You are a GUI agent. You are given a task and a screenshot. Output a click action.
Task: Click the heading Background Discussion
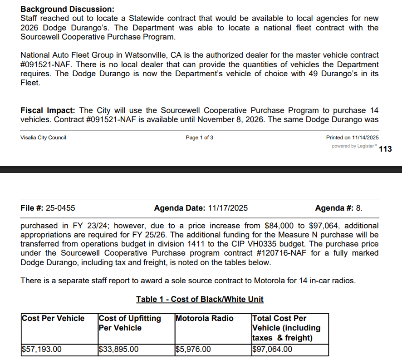click(68, 9)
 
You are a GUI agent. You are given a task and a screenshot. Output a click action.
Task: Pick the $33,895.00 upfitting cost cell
click(118, 349)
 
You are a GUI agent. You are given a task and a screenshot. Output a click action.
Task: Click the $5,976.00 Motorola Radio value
click(193, 349)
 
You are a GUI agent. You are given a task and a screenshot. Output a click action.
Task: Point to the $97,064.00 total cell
click(272, 349)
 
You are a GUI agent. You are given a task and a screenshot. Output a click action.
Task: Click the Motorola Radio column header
click(204, 318)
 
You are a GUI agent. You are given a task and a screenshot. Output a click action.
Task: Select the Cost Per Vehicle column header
click(53, 318)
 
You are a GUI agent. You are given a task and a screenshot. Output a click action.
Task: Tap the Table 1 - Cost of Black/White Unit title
click(200, 299)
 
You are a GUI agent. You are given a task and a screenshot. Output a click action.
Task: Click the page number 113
click(385, 149)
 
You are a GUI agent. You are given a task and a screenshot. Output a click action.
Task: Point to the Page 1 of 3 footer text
click(200, 138)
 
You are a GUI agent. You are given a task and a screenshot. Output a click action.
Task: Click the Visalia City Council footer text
click(43, 138)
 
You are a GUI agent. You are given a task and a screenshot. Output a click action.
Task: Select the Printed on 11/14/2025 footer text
click(352, 138)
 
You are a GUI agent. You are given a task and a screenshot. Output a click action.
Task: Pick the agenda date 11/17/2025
click(228, 208)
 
